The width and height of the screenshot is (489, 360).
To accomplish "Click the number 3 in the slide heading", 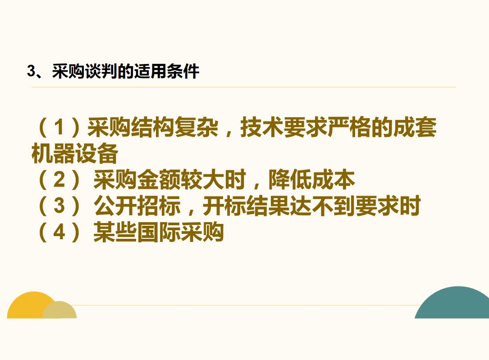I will click(31, 72).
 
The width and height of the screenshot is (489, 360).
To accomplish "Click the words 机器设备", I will click(74, 155).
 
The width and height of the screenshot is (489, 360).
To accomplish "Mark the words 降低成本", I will click(311, 181).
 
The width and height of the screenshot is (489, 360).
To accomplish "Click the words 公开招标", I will click(137, 207).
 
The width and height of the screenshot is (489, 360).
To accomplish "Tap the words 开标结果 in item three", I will click(246, 207).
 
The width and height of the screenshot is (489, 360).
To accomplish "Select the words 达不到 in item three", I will click(323, 207).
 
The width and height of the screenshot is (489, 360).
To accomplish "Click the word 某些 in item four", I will click(115, 233).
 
